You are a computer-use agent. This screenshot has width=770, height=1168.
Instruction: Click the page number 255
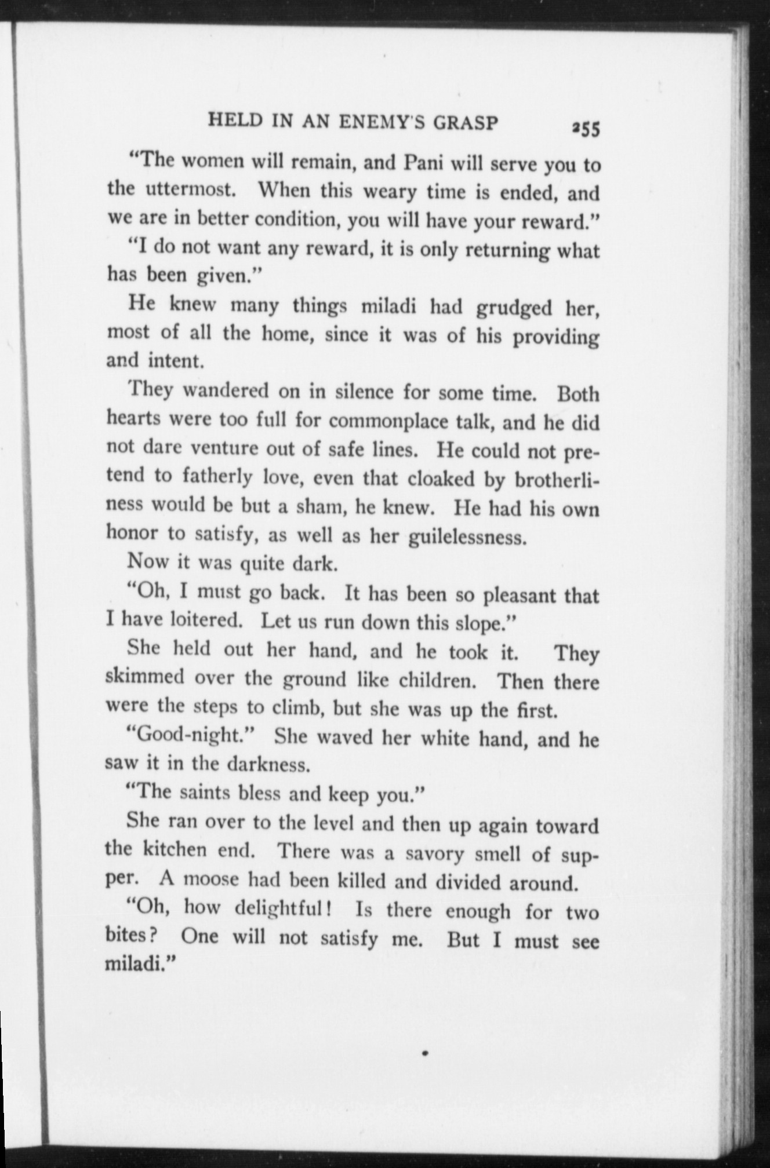click(586, 129)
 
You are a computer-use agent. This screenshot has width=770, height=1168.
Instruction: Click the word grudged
click(514, 308)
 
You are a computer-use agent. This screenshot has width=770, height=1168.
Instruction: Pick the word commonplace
click(390, 422)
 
